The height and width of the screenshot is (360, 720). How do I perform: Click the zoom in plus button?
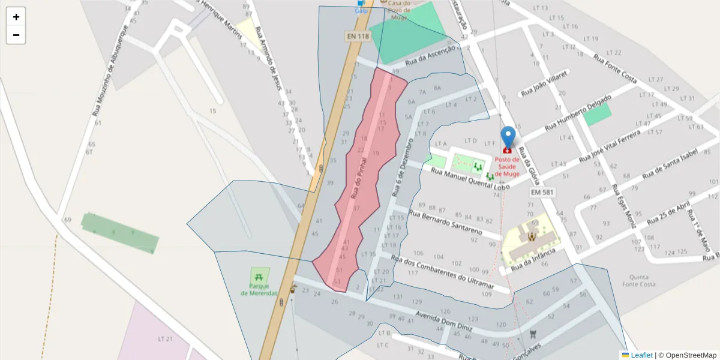coord(16,17)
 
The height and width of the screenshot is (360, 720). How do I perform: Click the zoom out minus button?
coord(16,35)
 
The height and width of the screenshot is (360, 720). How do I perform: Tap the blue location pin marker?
coord(508,137)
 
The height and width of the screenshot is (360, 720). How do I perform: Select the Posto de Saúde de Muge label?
coord(507,166)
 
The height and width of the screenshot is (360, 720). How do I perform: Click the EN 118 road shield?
coord(358,37)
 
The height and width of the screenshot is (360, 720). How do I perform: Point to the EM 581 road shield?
coord(542,193)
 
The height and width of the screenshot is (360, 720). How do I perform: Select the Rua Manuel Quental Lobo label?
coord(470,179)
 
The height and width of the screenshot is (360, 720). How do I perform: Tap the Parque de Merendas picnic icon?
coord(259,277)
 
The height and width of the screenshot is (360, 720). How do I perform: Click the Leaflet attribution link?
coord(641,355)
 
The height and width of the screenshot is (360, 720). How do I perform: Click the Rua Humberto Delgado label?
coord(578,113)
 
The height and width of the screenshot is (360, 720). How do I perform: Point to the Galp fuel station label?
coord(361,11)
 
